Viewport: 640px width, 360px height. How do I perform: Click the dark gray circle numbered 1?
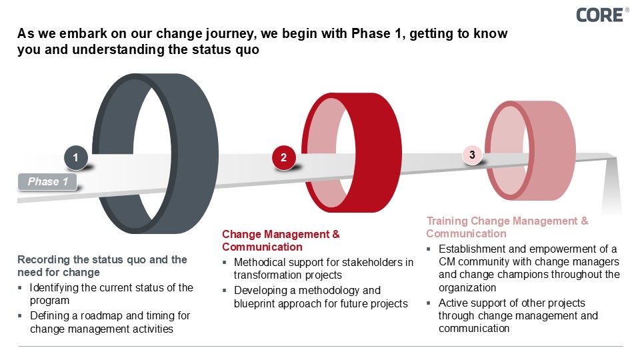(x=76, y=158)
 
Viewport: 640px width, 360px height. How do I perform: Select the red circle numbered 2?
(x=284, y=158)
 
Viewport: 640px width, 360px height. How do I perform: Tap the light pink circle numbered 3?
(x=472, y=155)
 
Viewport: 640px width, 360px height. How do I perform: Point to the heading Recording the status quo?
(x=102, y=265)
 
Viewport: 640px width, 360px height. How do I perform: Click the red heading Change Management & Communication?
(x=281, y=241)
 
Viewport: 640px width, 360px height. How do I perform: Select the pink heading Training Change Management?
(x=507, y=227)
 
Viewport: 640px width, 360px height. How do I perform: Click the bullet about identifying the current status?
(x=111, y=294)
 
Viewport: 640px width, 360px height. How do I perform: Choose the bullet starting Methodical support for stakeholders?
(x=323, y=269)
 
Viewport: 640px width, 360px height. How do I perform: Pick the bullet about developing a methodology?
(x=320, y=297)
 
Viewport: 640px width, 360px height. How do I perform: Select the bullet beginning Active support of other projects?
(x=517, y=315)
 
